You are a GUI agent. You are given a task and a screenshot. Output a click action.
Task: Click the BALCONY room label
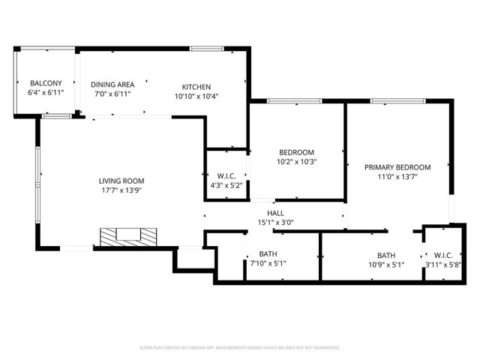46,83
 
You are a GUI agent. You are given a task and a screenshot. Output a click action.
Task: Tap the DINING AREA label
112,85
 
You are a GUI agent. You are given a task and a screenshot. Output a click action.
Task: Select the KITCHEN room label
196,87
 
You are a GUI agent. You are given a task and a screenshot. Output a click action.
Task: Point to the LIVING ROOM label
121,181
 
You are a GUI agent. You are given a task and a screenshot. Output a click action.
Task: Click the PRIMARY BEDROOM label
397,167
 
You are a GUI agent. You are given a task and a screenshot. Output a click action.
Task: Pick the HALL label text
275,213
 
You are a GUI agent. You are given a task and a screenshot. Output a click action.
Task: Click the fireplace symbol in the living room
128,237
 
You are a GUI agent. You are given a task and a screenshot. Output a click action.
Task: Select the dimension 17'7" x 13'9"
121,190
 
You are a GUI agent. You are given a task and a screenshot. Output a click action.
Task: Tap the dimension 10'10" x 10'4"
196,97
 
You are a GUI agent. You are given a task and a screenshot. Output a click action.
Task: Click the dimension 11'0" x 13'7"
397,177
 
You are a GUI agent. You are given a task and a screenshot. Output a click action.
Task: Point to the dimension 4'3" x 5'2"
226,185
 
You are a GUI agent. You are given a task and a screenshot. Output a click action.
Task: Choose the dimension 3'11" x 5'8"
443,265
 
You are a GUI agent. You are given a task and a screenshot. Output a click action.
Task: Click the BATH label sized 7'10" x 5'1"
268,253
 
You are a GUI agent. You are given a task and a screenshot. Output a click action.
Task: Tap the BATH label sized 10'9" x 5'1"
386,255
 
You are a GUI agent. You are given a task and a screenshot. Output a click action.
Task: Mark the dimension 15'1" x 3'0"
275,223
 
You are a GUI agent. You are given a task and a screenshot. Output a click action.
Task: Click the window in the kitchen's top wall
207,49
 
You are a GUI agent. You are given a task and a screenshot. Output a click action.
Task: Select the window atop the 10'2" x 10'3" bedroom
295,101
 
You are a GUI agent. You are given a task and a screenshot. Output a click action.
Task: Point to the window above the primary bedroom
398,101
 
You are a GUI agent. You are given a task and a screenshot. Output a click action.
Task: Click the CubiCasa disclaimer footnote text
240,348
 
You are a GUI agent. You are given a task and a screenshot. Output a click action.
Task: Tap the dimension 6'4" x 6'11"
46,92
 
